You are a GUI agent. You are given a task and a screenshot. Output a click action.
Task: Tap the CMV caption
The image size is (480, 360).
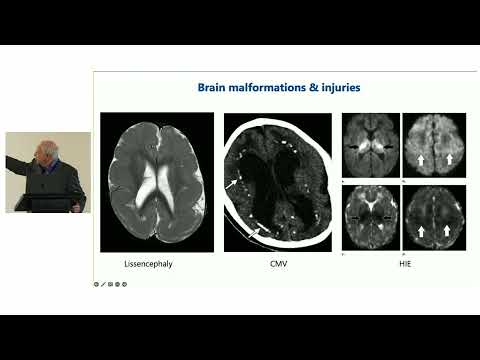279,265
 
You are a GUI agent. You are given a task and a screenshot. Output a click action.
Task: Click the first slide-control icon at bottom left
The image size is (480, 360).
96,284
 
